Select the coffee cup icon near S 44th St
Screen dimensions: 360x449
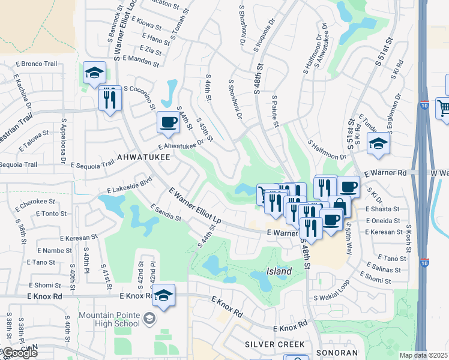coord(168,123)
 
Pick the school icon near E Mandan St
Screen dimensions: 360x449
coord(94,74)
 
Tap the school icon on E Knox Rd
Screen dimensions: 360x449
coord(163,296)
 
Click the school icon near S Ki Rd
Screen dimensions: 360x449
coord(378,144)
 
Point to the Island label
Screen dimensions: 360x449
coord(279,271)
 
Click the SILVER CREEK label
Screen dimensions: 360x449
coord(275,344)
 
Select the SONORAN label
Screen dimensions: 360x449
coord(339,353)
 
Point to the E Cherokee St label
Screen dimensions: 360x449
coord(35,202)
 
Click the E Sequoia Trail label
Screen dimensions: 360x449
coord(92,164)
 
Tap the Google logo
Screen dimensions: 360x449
coord(19,353)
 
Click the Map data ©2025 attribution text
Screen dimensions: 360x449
coord(423,355)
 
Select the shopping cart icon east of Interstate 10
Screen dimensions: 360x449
coord(443,108)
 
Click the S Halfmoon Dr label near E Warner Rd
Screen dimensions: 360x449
coord(328,151)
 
